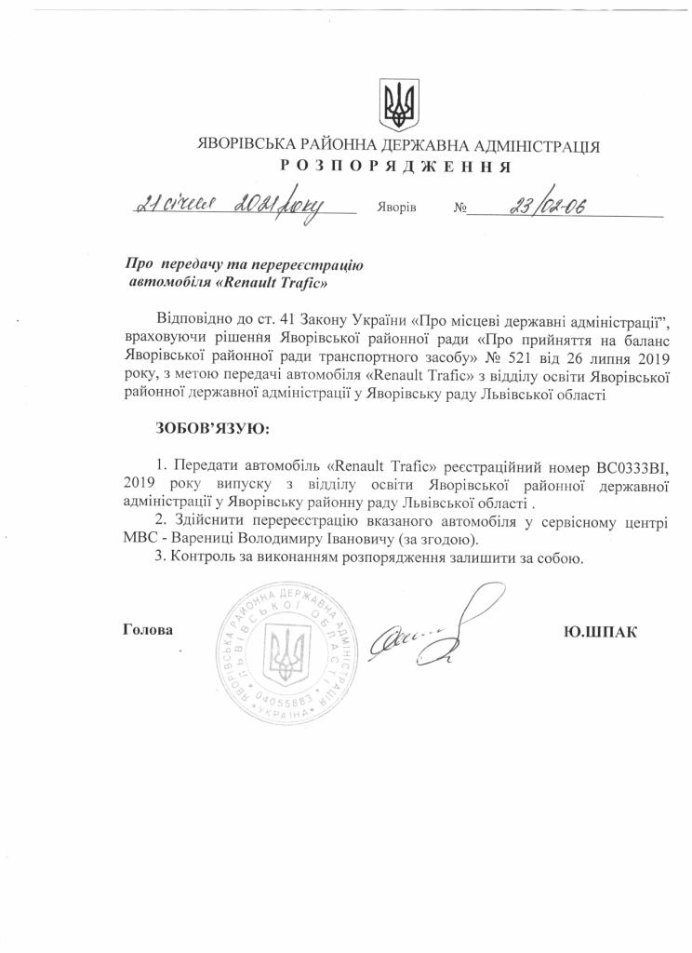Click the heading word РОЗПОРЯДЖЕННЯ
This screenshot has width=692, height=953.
tap(397, 167)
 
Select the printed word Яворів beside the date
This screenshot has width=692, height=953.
tap(397, 208)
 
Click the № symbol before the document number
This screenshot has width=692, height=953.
tap(459, 208)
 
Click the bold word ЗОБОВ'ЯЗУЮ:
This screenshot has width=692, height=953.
tap(209, 428)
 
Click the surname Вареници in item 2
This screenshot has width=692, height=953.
tap(210, 540)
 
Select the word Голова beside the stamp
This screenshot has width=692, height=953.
tap(148, 630)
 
